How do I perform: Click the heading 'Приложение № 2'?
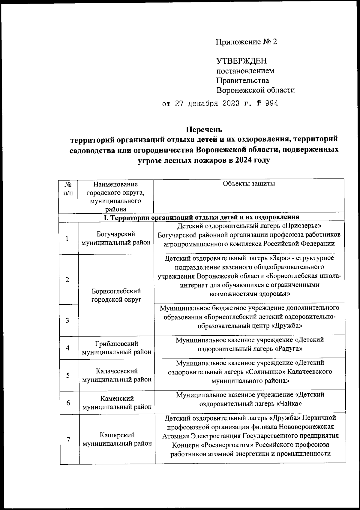(247, 42)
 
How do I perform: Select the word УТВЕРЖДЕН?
(241, 61)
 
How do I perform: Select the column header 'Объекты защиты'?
(249, 184)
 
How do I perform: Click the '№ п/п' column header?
(68, 189)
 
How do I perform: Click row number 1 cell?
(68, 239)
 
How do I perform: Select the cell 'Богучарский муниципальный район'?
(116, 239)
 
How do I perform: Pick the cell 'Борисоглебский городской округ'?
(116, 295)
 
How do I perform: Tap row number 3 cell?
(68, 320)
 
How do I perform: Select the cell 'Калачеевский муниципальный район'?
(117, 375)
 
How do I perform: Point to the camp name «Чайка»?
(289, 404)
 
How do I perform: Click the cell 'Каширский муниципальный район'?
(117, 439)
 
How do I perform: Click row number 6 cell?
(68, 403)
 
